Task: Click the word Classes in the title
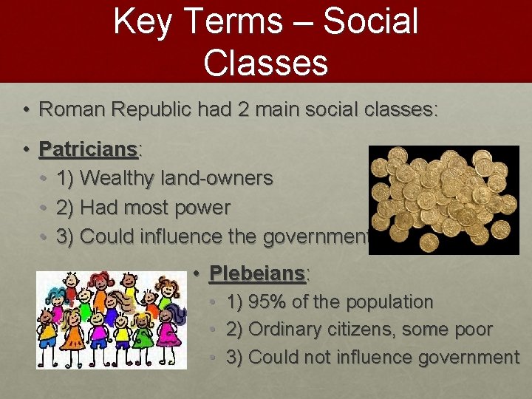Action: [x=265, y=62]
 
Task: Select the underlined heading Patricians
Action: [x=89, y=149]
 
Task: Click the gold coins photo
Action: [x=443, y=199]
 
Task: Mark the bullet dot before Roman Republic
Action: [x=25, y=110]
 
